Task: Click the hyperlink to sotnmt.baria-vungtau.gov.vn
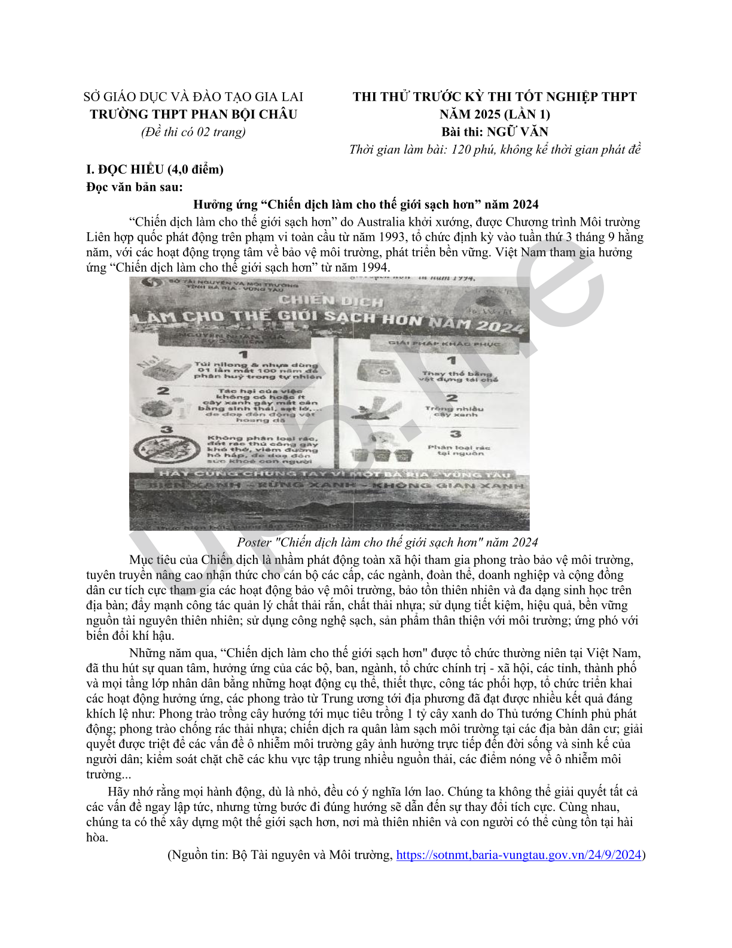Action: (518, 855)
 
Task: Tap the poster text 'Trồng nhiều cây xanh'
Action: (455, 411)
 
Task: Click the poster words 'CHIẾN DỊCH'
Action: (331, 300)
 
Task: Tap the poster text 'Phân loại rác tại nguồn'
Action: (458, 450)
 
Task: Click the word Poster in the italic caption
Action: (254, 542)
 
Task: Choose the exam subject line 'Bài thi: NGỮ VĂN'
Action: (495, 132)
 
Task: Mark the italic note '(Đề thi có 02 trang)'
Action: (193, 132)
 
